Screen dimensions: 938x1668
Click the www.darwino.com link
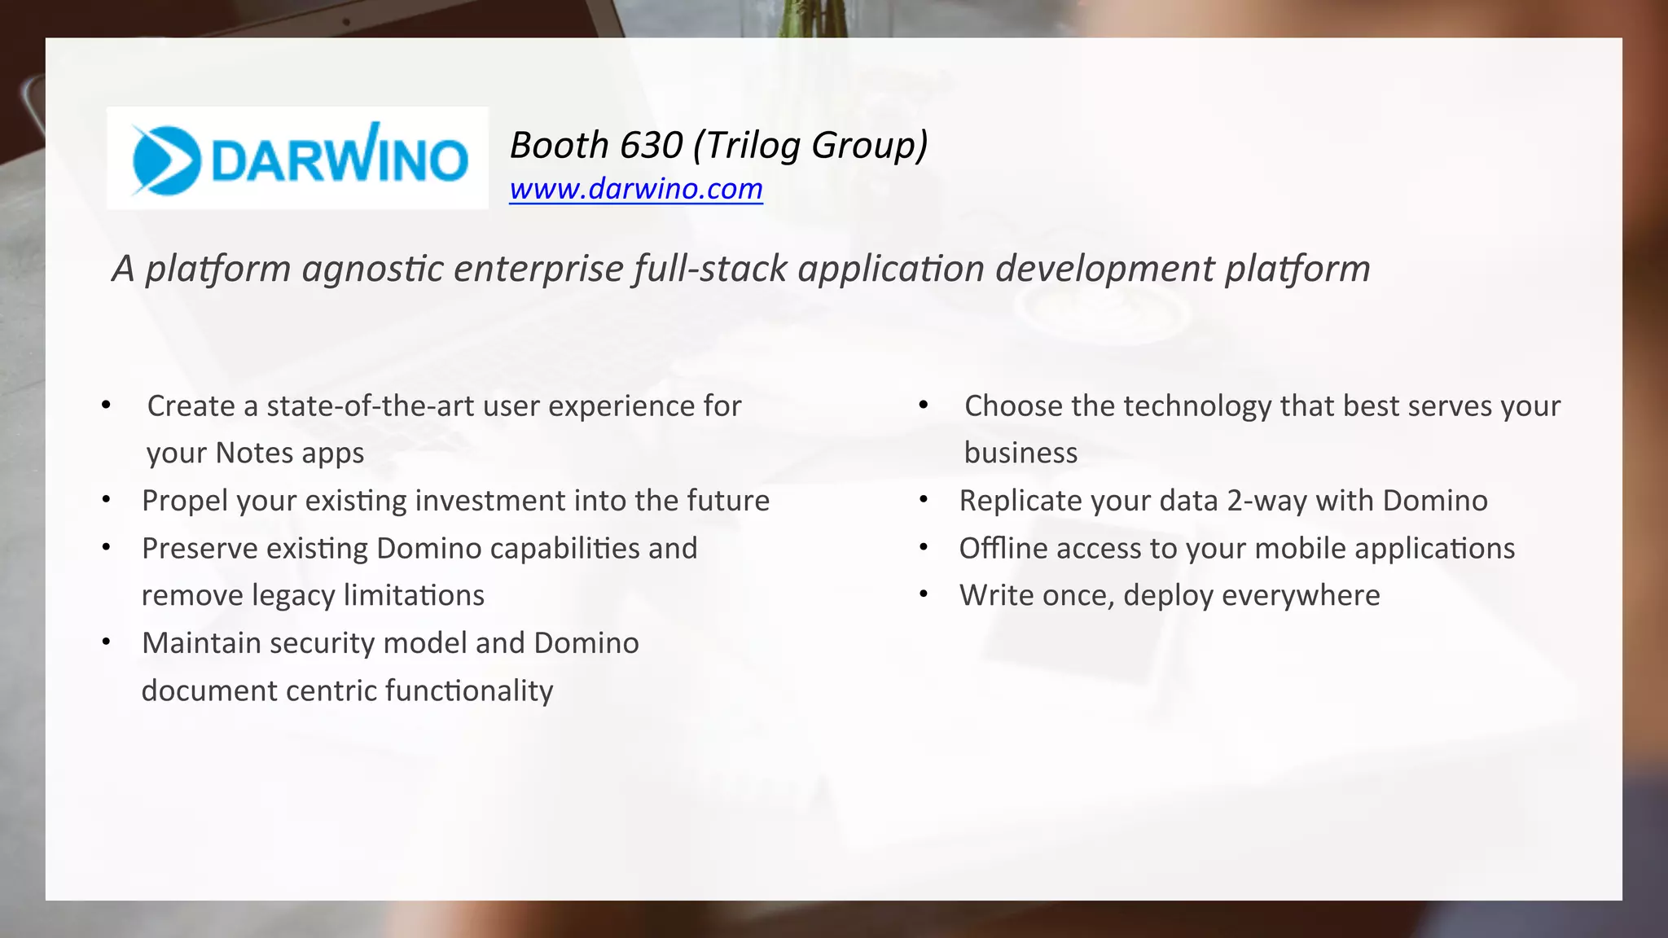pyautogui.click(x=635, y=189)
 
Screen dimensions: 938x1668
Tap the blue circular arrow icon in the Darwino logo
pyautogui.click(x=166, y=160)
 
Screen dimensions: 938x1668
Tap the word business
pyautogui.click(x=1021, y=453)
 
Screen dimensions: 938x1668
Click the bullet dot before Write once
pyautogui.click(x=924, y=594)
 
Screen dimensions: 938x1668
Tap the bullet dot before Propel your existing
pyautogui.click(x=106, y=499)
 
